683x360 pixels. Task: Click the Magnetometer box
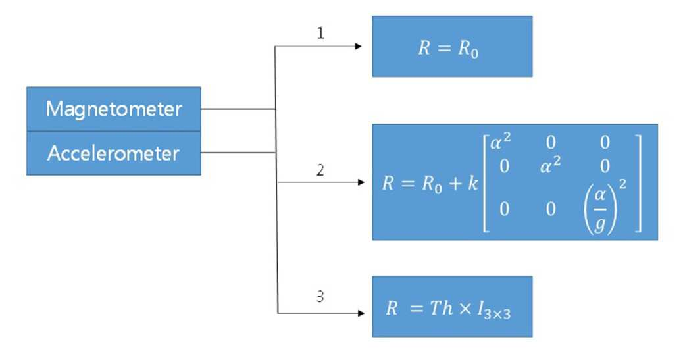[114, 109]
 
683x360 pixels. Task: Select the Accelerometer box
[114, 153]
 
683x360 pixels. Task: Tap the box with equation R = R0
[452, 47]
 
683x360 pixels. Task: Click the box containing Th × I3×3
[452, 307]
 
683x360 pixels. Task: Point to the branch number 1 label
[320, 33]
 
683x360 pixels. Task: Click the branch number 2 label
[320, 170]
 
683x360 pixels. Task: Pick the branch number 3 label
[320, 296]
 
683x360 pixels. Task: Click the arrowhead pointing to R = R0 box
[359, 46]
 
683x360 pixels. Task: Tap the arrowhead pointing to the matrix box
[361, 182]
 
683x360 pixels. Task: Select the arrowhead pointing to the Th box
[361, 313]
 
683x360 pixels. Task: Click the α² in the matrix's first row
[501, 141]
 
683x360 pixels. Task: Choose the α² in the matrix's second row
[550, 166]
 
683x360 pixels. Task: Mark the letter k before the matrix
[473, 183]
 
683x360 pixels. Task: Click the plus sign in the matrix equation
[455, 184]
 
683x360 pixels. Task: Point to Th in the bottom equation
[442, 308]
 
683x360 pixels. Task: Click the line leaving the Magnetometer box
[238, 109]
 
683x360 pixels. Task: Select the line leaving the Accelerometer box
[238, 153]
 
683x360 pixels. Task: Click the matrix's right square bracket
[638, 183]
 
